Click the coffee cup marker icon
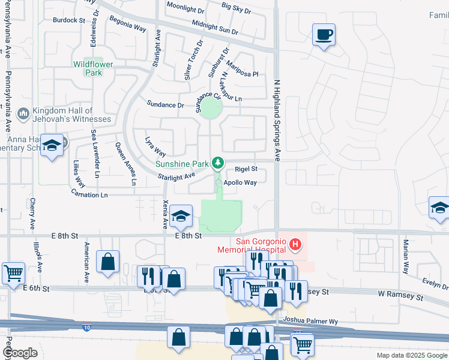click(x=324, y=35)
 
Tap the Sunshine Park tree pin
click(x=218, y=163)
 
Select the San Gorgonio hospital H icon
click(x=295, y=245)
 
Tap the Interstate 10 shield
click(x=88, y=327)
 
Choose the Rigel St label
click(x=246, y=169)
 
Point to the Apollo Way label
click(x=240, y=182)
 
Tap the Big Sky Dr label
click(x=236, y=7)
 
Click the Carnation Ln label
click(x=89, y=195)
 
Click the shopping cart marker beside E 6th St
click(x=13, y=274)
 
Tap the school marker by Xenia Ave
click(x=180, y=216)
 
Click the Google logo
click(x=20, y=353)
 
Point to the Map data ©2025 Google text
click(x=412, y=355)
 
